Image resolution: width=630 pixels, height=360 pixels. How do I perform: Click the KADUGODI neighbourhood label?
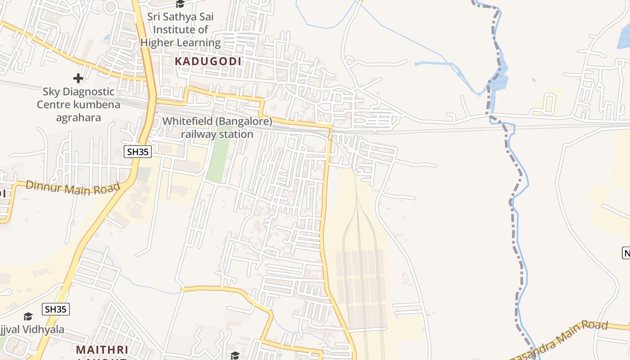click(x=208, y=61)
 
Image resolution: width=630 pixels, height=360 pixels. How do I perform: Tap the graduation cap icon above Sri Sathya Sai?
click(x=180, y=4)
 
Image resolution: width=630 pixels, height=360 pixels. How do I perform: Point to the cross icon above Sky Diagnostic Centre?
click(x=78, y=78)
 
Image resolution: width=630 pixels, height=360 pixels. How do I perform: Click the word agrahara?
click(x=78, y=118)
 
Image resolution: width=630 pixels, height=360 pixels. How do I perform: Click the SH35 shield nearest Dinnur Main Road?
click(x=138, y=152)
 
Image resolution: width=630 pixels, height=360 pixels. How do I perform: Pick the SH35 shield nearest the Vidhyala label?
click(x=56, y=309)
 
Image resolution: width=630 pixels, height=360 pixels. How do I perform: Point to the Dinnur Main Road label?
click(x=73, y=187)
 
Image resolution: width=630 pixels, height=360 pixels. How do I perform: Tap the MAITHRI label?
click(x=102, y=350)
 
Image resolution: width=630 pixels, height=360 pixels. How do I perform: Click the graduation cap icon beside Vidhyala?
click(x=28, y=316)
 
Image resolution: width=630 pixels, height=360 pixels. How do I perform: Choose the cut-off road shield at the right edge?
click(x=626, y=252)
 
